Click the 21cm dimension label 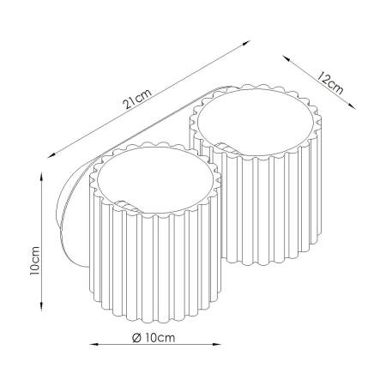pyautogui.click(x=136, y=100)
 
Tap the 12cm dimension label pyautogui.click(x=330, y=83)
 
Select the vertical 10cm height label pyautogui.click(x=34, y=261)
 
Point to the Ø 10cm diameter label pyautogui.click(x=154, y=338)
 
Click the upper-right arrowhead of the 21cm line pyautogui.click(x=246, y=43)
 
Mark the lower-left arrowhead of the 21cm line pyautogui.click(x=51, y=155)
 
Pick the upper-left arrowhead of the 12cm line pyautogui.click(x=286, y=58)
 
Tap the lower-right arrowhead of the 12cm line pyautogui.click(x=352, y=106)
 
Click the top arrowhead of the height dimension pyautogui.click(x=42, y=176)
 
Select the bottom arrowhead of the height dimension pyautogui.click(x=42, y=306)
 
